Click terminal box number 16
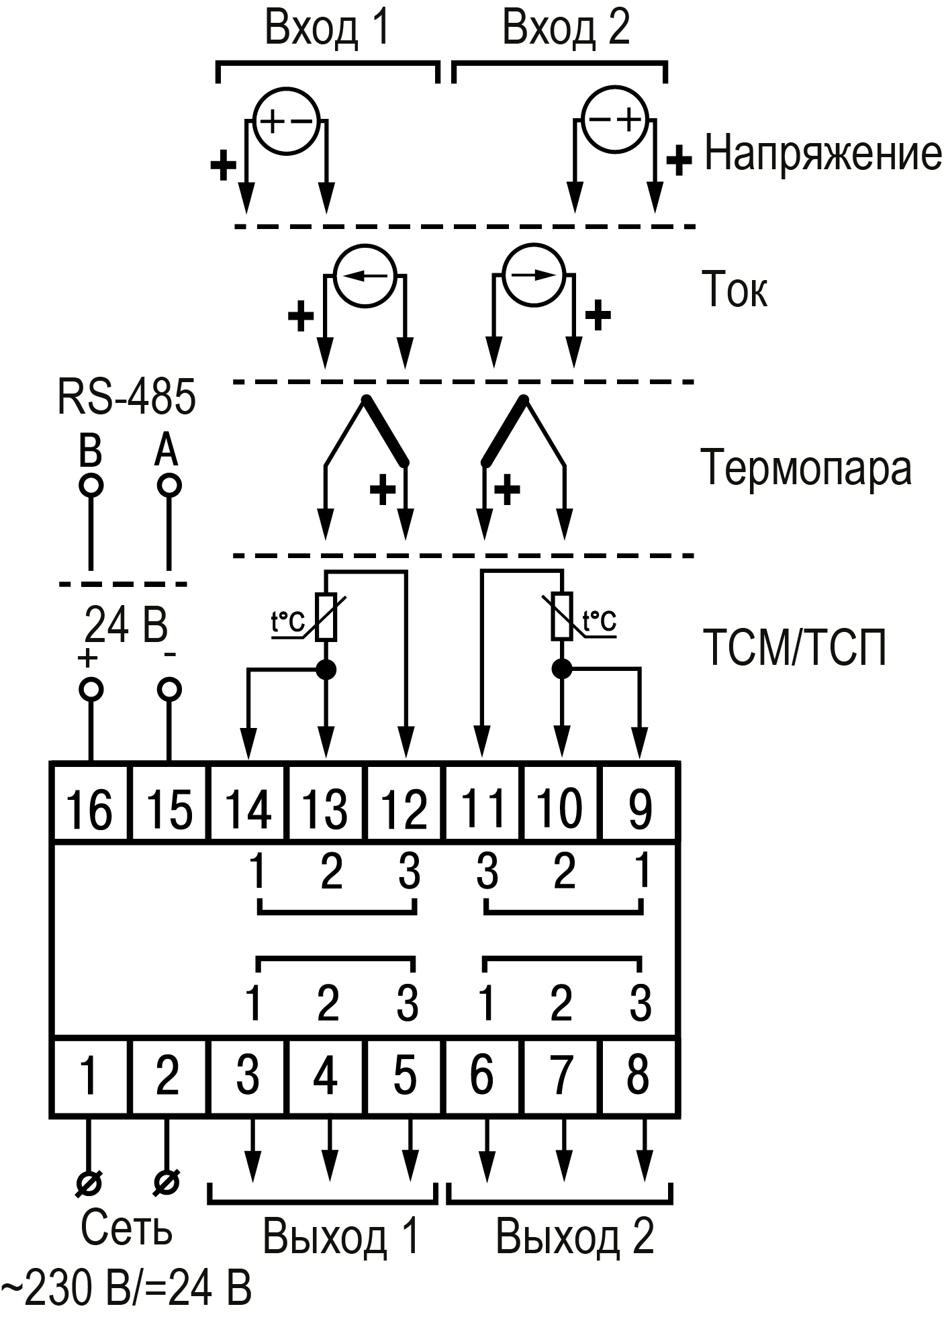(91, 802)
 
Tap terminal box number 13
(326, 802)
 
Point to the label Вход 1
(327, 28)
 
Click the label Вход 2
(566, 28)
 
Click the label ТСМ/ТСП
(794, 647)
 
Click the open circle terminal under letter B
(91, 484)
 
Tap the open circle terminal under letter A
(169, 484)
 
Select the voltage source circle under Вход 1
(285, 121)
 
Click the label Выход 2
(575, 1236)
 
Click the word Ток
(734, 290)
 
